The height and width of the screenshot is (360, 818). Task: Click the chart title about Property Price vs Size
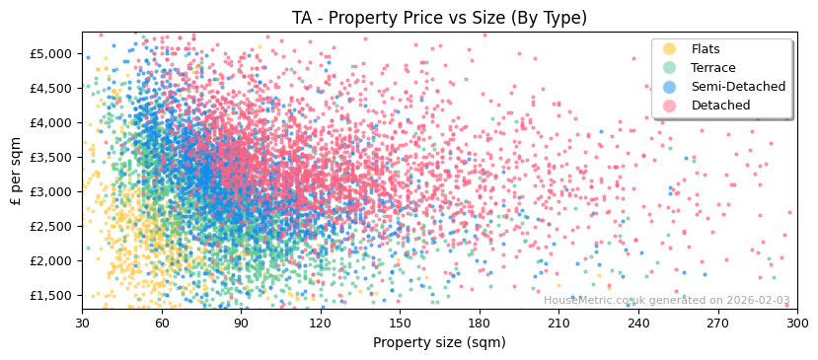pyautogui.click(x=439, y=18)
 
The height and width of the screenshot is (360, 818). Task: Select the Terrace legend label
pyautogui.click(x=713, y=68)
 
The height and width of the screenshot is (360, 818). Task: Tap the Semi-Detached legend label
pyautogui.click(x=738, y=87)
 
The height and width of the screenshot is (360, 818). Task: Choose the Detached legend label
pyautogui.click(x=720, y=106)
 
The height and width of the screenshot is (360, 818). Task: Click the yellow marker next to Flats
pyautogui.click(x=670, y=49)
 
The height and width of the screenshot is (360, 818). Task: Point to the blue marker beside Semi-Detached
pyautogui.click(x=670, y=87)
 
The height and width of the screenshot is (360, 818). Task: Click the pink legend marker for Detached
pyautogui.click(x=670, y=106)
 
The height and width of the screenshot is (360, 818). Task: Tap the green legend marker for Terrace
pyautogui.click(x=670, y=68)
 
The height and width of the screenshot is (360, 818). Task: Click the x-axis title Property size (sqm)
pyautogui.click(x=439, y=343)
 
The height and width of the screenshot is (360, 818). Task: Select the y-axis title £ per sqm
pyautogui.click(x=17, y=171)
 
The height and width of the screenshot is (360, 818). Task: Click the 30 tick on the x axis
pyautogui.click(x=82, y=323)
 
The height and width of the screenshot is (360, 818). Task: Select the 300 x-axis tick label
pyautogui.click(x=796, y=323)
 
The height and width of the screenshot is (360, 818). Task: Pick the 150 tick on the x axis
pyautogui.click(x=400, y=323)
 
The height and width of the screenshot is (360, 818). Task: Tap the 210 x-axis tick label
pyautogui.click(x=558, y=323)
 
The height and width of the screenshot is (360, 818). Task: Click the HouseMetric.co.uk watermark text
pyautogui.click(x=666, y=301)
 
